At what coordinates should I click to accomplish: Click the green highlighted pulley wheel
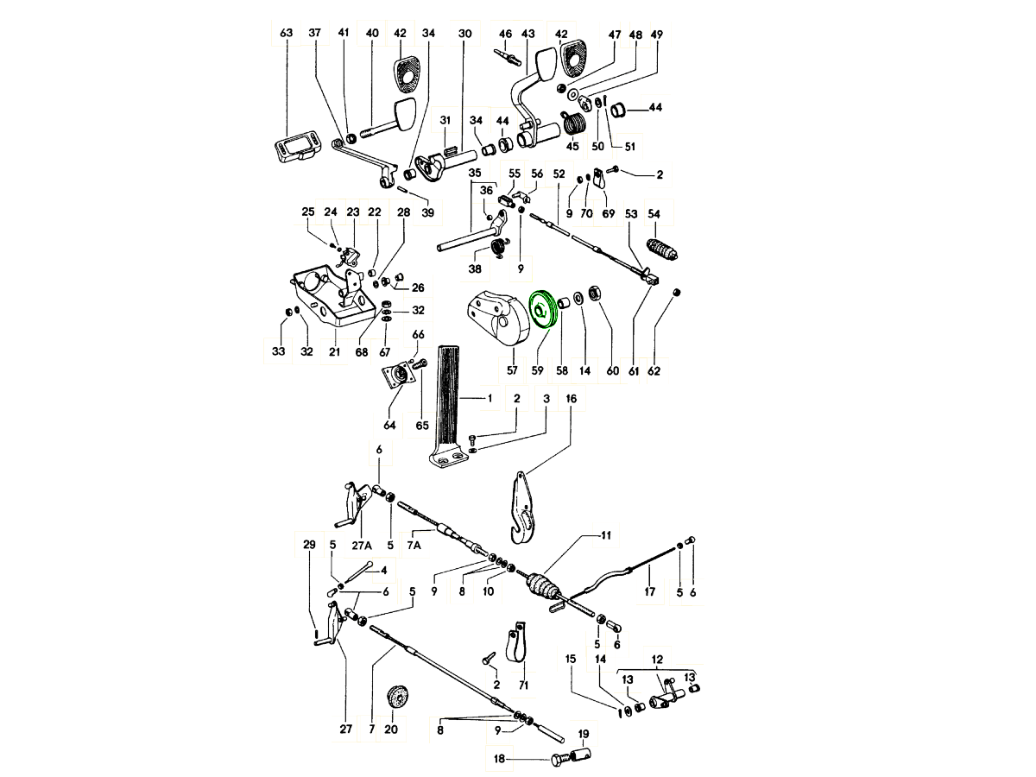[544, 312]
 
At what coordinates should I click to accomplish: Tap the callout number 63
[286, 33]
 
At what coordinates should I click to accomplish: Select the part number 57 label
[512, 370]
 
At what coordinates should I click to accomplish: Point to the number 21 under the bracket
[334, 351]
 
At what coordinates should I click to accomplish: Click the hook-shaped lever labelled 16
[524, 509]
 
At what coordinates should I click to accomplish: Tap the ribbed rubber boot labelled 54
[663, 250]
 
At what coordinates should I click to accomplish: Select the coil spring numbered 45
[574, 124]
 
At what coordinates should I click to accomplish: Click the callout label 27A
[362, 546]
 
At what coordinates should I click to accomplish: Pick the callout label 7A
[414, 546]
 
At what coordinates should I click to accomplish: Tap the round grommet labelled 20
[398, 697]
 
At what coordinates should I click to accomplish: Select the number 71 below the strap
[523, 685]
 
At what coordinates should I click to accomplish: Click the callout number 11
[606, 535]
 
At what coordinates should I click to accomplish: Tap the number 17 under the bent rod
[649, 591]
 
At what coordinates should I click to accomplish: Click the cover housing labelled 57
[498, 318]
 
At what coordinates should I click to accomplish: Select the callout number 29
[309, 545]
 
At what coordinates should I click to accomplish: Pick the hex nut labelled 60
[594, 292]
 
